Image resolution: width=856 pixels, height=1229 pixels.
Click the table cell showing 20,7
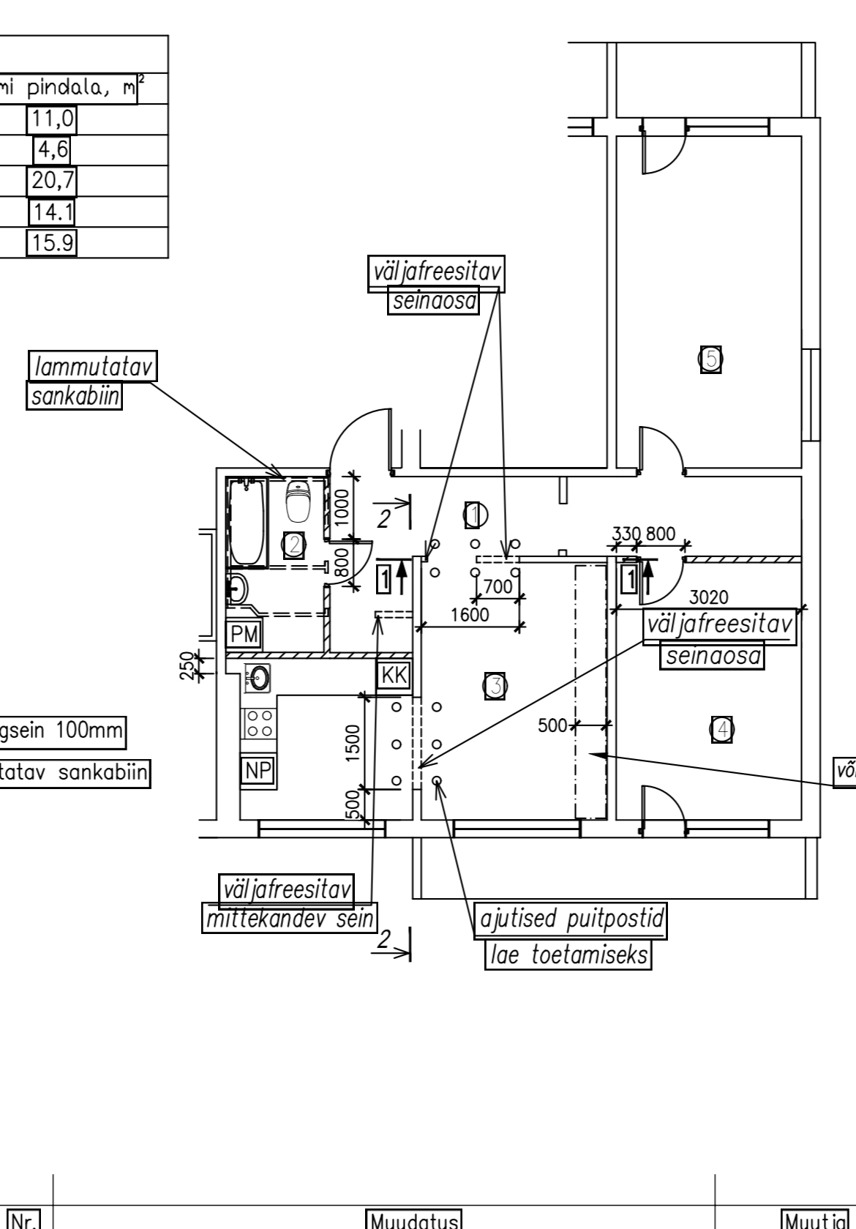(x=52, y=180)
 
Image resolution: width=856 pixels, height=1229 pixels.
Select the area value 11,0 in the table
(x=51, y=119)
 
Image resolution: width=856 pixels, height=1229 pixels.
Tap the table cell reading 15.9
(x=51, y=242)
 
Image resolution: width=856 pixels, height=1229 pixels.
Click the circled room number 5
(x=710, y=359)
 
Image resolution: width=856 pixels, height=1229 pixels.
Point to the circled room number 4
(x=722, y=729)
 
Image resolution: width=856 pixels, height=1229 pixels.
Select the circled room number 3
(x=495, y=686)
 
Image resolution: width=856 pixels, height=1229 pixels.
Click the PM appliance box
(x=244, y=634)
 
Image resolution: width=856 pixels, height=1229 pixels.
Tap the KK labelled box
(x=394, y=674)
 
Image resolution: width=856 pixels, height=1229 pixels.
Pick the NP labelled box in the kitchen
(x=258, y=770)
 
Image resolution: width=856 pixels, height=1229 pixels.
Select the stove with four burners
(x=258, y=723)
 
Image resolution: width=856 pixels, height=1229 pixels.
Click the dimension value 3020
(x=708, y=597)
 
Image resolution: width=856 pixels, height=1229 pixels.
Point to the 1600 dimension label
(x=469, y=615)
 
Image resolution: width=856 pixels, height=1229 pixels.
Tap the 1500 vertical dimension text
(x=353, y=742)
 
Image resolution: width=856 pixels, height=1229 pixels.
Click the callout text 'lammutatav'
(x=93, y=367)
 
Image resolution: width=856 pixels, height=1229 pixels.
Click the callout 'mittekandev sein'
(x=289, y=918)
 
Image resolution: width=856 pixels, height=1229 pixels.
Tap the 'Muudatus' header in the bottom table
(x=414, y=1220)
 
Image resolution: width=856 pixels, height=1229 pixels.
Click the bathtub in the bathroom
(x=247, y=521)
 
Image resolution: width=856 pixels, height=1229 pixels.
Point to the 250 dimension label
(x=187, y=665)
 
